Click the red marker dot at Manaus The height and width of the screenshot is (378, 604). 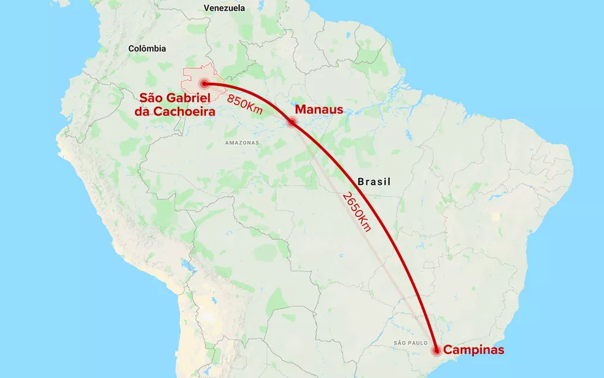coord(292,121)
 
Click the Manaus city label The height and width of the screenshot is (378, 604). coord(319,110)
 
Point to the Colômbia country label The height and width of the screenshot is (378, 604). coord(147,48)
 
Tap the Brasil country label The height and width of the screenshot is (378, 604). coord(374,182)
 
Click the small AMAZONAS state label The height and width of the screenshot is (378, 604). coord(242,142)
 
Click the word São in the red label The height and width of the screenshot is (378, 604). coord(150,98)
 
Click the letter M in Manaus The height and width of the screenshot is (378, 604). coord(301,110)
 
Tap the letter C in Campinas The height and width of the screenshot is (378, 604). coord(448,350)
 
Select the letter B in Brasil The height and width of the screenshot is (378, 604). coord(360,182)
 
